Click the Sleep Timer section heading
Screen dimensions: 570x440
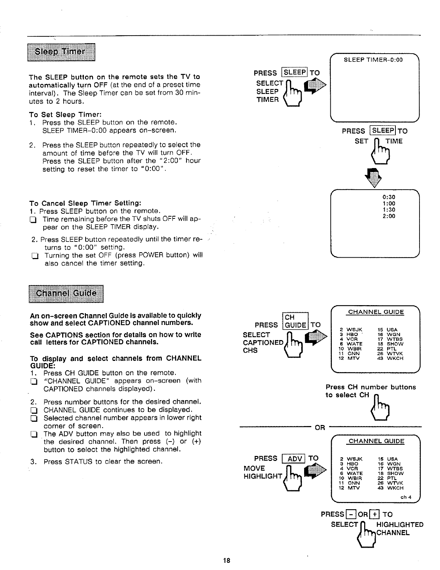(61, 52)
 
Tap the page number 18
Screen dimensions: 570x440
(226, 560)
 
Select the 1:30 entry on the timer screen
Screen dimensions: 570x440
(389, 209)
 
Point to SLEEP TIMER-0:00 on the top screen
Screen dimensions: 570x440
(373, 60)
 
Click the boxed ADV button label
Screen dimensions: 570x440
(294, 458)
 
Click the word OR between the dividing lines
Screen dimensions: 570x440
(320, 427)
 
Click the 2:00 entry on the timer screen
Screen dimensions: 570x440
(389, 216)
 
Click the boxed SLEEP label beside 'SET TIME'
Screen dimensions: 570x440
(383, 131)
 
